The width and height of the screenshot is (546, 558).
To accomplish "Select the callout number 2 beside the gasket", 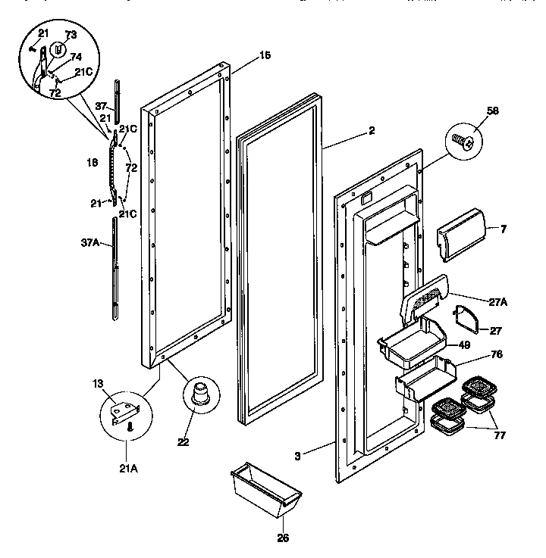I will click(371, 130).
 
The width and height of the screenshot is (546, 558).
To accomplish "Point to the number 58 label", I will click(494, 111).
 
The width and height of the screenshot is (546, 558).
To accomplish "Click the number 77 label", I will click(500, 437).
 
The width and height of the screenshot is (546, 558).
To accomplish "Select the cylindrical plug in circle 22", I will click(200, 394).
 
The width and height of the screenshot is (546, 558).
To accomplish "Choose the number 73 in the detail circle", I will click(71, 36).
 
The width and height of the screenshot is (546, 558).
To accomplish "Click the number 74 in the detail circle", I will click(76, 56).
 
